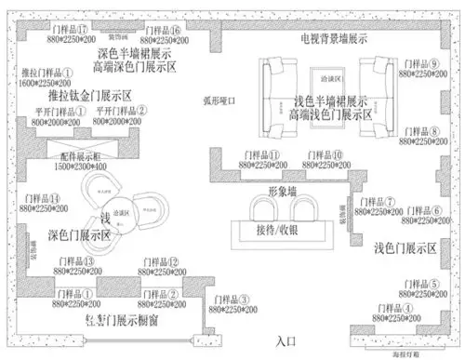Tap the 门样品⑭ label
(41, 199)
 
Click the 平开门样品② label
(123, 110)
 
